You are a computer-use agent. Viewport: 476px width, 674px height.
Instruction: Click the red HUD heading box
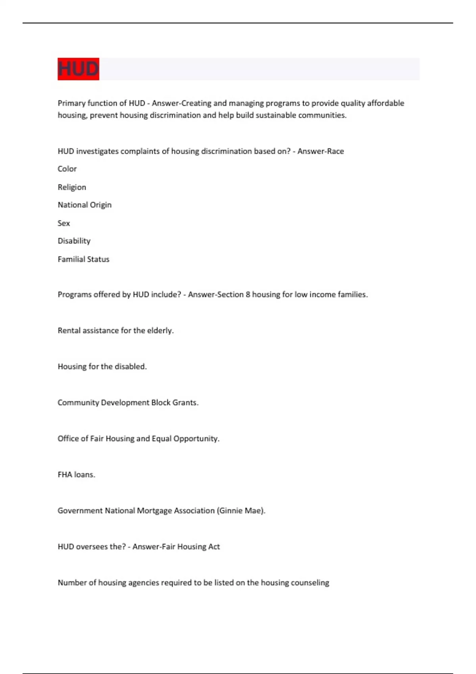78,69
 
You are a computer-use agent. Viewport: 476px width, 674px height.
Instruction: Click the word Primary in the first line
71,103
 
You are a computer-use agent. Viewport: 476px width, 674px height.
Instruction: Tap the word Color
67,169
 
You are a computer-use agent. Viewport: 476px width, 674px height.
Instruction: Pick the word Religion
72,187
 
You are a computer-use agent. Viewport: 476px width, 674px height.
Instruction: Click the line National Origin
84,205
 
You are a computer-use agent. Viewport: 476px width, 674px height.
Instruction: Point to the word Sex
63,223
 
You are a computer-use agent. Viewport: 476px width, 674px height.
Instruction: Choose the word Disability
74,241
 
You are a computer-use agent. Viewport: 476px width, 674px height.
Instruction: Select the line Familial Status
83,259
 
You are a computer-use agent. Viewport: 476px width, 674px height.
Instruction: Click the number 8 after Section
248,295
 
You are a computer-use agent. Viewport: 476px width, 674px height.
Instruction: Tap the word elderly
160,331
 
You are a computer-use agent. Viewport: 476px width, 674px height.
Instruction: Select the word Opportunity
196,439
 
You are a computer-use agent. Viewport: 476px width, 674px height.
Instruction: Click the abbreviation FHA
65,475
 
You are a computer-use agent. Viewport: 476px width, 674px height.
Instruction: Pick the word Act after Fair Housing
214,547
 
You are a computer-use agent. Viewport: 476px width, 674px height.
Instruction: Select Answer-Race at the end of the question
321,151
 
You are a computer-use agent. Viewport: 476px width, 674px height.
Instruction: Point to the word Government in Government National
80,511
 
